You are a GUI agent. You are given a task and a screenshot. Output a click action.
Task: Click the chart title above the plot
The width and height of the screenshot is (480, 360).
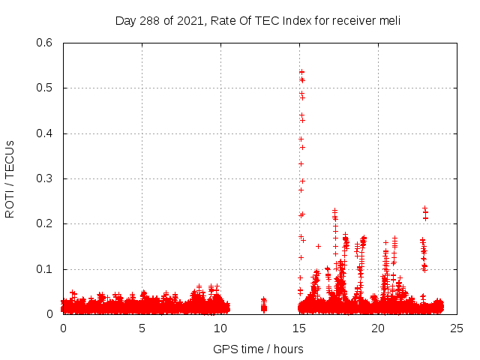(x=258, y=20)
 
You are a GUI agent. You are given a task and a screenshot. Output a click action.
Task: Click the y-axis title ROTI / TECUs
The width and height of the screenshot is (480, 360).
(x=10, y=178)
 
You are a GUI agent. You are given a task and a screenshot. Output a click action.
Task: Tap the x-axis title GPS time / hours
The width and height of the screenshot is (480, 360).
(x=258, y=349)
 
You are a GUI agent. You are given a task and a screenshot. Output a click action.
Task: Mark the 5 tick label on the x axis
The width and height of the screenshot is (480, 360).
(x=142, y=328)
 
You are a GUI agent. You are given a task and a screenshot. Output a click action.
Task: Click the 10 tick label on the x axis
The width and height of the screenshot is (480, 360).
(x=220, y=328)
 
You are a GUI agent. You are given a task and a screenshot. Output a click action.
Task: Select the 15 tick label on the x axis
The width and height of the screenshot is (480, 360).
(x=299, y=328)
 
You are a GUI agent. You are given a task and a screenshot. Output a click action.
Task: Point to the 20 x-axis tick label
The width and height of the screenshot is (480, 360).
(x=378, y=328)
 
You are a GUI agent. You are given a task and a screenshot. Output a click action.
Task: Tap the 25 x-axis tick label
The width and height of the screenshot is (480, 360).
(x=457, y=328)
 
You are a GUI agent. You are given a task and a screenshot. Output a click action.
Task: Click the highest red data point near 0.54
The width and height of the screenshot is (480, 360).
(x=301, y=72)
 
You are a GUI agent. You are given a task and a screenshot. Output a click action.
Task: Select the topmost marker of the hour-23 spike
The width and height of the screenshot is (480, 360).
(x=424, y=208)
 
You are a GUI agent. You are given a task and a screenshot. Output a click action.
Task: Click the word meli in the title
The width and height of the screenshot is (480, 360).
(x=389, y=20)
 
